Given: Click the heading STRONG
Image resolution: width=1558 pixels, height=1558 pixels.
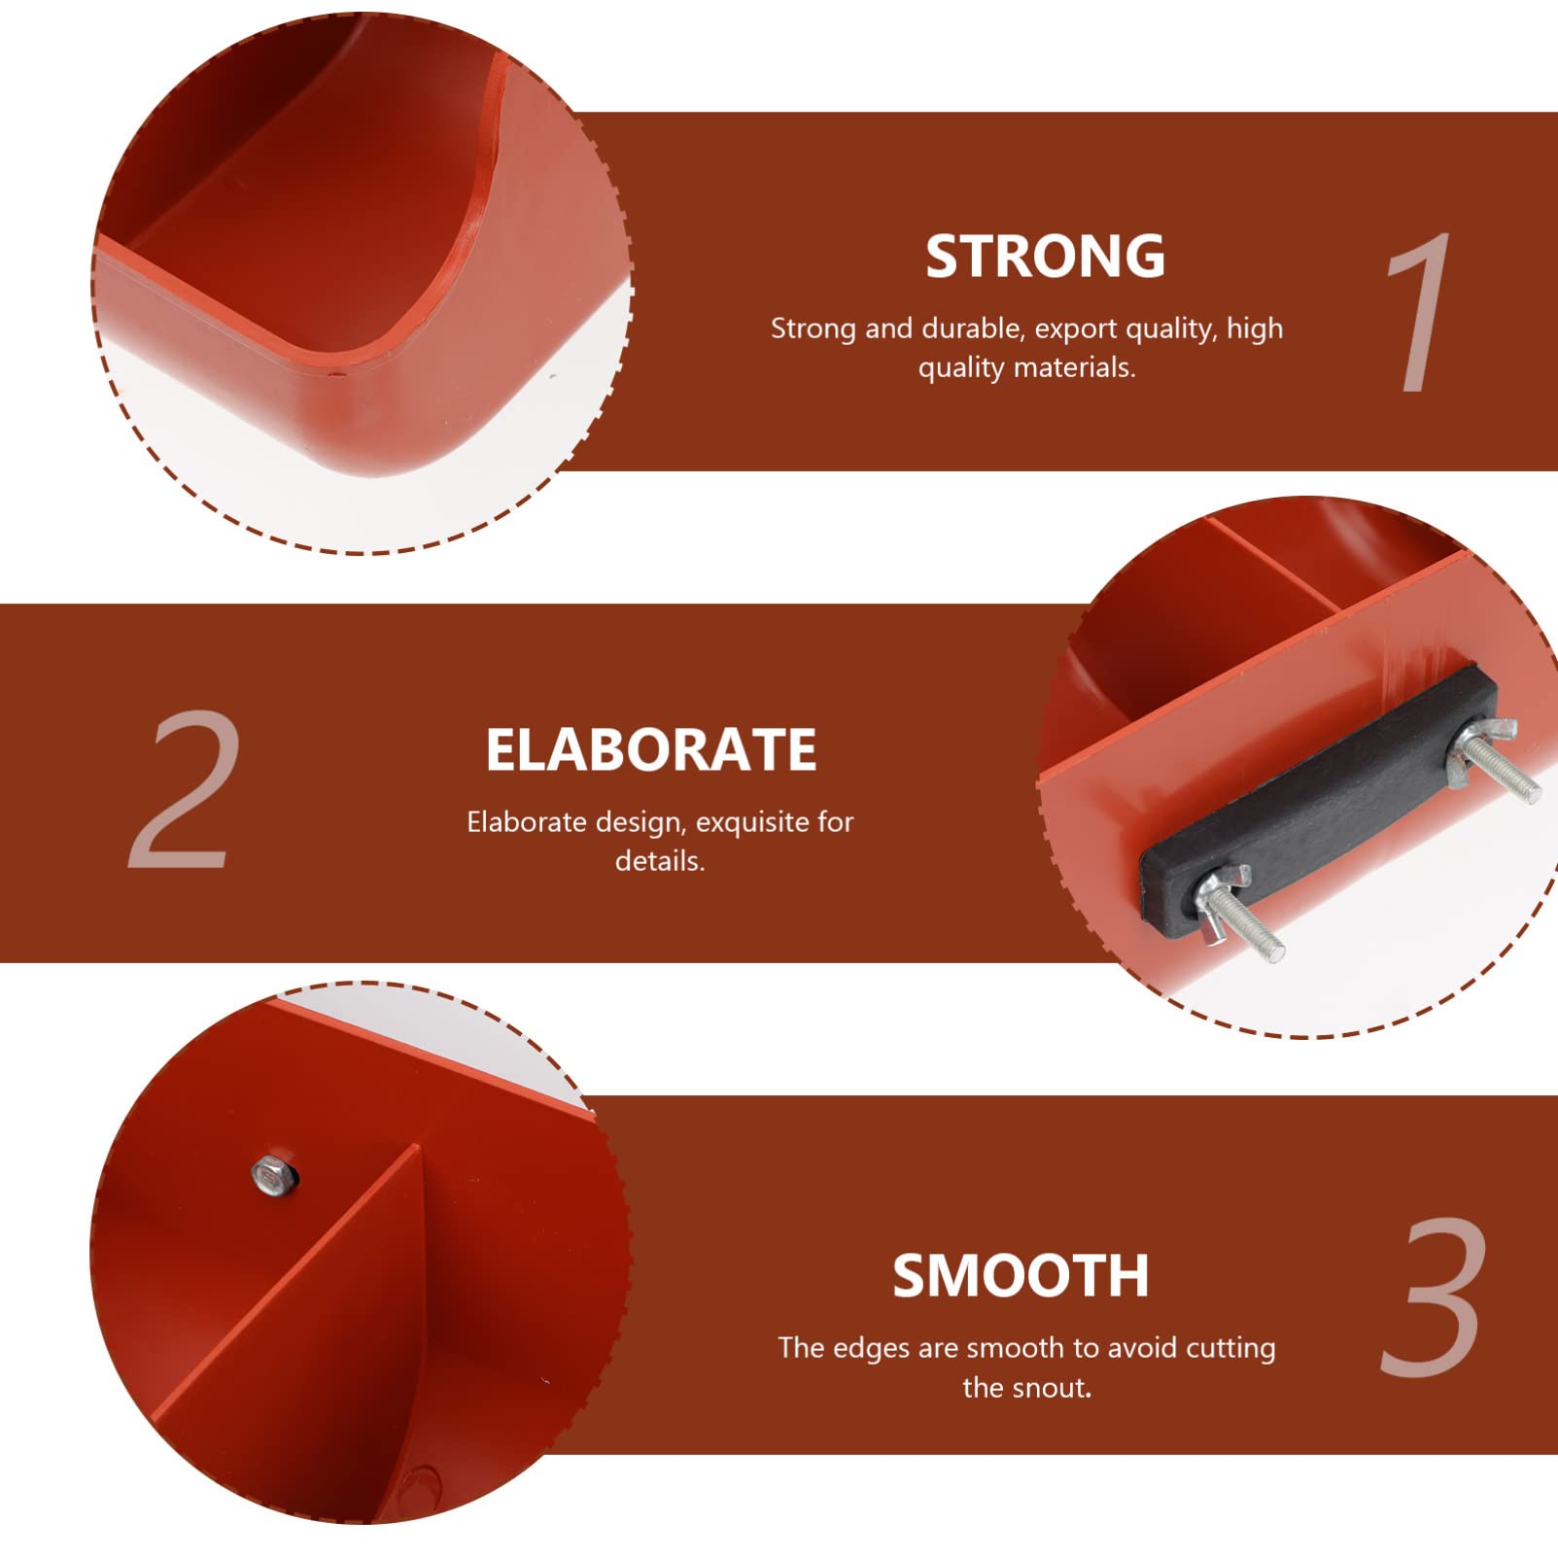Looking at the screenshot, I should (x=1045, y=257).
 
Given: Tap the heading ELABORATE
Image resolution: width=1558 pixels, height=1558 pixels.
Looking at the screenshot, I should (x=651, y=750).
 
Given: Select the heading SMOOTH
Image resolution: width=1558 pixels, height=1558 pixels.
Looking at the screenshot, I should (x=1021, y=1276).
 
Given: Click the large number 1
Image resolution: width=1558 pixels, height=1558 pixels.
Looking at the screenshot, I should (x=1417, y=313).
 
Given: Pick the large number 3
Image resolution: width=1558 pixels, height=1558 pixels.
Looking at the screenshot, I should (x=1434, y=1297).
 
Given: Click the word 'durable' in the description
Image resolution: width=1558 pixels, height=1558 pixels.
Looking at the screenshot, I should (x=973, y=329).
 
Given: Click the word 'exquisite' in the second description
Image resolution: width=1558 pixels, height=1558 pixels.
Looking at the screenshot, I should (x=754, y=823).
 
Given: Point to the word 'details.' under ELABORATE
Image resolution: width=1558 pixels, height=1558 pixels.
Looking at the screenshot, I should (x=660, y=861).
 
